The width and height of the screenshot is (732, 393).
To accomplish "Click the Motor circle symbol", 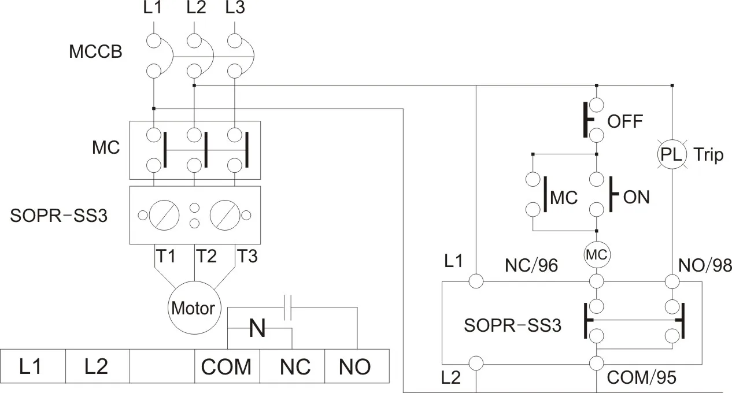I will coord(193,307).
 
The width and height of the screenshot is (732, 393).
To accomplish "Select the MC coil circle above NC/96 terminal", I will coord(597,255).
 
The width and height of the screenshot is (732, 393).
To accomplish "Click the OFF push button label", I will coord(625,122).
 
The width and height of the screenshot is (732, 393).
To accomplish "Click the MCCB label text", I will coord(95,53).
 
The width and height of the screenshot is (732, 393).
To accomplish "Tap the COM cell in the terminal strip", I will coord(226,366).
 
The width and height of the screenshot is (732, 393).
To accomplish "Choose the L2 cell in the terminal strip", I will coord(97,366).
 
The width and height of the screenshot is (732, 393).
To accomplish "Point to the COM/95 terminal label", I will coord(641,378).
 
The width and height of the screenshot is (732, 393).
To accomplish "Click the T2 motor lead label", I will coord(206,256).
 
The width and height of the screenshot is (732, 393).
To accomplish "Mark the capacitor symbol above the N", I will coord(289,308).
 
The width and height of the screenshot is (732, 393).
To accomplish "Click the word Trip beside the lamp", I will coord(708,154).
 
